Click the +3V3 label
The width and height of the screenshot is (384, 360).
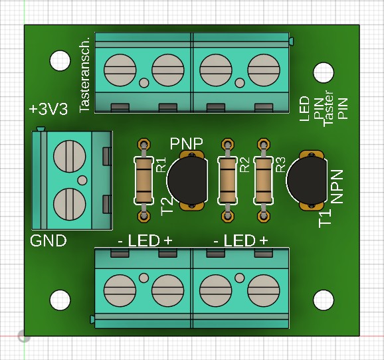[48, 109]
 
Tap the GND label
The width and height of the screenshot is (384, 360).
[48, 240]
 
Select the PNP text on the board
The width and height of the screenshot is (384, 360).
[187, 143]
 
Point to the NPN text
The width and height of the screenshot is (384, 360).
[337, 187]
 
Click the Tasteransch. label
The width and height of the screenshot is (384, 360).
[85, 75]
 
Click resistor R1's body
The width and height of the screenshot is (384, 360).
[144, 180]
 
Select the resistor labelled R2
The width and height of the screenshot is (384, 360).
[227, 180]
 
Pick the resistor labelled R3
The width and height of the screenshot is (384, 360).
[263, 180]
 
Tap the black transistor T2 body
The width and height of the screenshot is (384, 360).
[187, 181]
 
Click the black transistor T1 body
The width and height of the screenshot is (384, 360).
[307, 181]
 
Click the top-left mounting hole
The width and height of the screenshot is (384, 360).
[60, 60]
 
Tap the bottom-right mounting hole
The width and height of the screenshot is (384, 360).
[324, 300]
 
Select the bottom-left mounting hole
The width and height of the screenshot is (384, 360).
[60, 300]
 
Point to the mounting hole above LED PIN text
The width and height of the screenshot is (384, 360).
[324, 73]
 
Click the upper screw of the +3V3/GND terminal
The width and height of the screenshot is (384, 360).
[70, 157]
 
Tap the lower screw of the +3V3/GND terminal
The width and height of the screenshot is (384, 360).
[70, 205]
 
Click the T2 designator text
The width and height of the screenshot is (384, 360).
[167, 207]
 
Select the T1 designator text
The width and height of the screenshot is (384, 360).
[325, 219]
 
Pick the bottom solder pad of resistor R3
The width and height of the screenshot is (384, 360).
[264, 217]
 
